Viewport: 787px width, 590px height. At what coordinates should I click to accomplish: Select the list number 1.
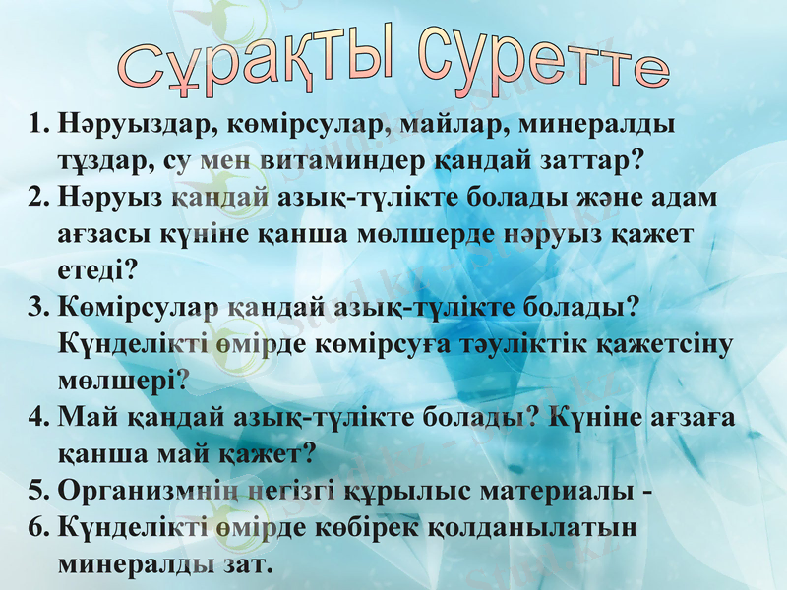pos(38,127)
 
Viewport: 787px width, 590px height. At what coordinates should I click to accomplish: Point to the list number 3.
pos(38,307)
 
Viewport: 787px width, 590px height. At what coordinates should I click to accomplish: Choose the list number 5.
pos(38,489)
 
